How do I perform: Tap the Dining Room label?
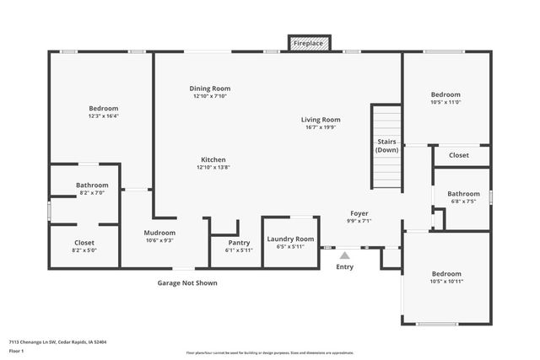point(209,89)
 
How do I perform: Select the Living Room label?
point(321,120)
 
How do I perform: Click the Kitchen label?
point(213,159)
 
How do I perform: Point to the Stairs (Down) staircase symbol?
point(386,148)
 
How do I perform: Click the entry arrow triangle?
point(344,254)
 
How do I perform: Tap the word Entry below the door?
point(345,267)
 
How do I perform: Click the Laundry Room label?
point(290,239)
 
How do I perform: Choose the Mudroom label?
point(159,233)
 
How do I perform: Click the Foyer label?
point(359,213)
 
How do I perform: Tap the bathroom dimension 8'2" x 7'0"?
point(92,193)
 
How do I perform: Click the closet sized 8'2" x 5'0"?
point(84,250)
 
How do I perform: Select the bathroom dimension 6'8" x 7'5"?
point(463,201)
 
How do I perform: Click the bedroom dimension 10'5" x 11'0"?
point(445,102)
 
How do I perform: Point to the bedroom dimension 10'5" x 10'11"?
point(446,282)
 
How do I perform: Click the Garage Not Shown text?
point(187,283)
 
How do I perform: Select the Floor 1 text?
point(17,351)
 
